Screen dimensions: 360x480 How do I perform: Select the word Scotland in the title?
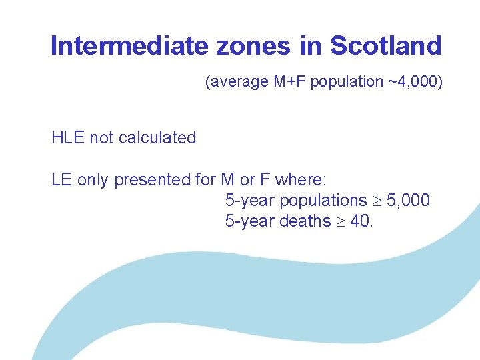coord(385,46)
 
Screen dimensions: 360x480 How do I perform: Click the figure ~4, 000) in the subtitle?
coord(414,82)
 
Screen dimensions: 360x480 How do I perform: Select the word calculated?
coord(158,138)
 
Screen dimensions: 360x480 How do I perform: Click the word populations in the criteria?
coord(323,200)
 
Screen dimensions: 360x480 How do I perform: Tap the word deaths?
coord(304,221)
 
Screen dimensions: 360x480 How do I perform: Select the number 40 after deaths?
coord(359,221)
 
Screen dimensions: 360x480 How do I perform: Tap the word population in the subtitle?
coord(347,82)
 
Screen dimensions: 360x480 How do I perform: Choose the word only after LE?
coord(93,179)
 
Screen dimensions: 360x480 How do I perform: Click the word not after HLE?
coord(101,138)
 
